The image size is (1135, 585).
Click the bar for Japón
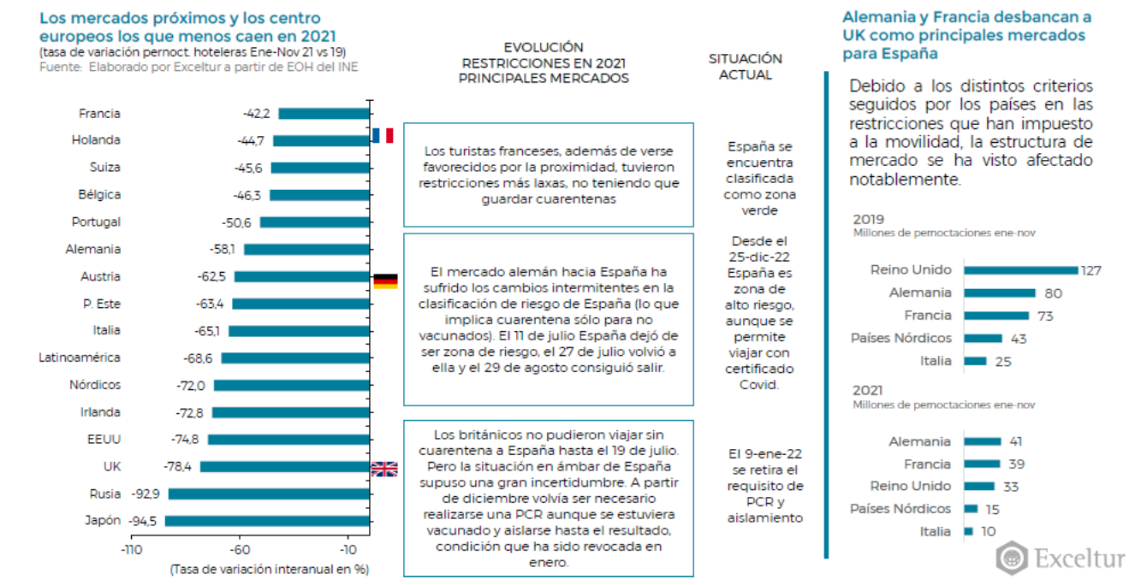tap(267, 521)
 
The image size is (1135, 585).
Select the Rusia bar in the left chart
tap(269, 493)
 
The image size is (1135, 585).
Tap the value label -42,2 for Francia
tap(256, 114)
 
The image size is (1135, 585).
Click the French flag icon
tap(383, 135)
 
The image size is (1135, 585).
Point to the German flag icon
tap(385, 281)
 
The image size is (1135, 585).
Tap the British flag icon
tap(384, 468)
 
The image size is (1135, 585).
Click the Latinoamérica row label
tap(80, 357)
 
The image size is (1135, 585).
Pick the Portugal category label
tap(96, 222)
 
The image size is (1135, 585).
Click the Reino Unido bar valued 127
tap(1020, 270)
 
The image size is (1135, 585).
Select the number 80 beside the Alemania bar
tap(1053, 293)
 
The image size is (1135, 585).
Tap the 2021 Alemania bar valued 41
tap(982, 441)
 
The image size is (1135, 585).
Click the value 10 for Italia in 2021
tap(988, 531)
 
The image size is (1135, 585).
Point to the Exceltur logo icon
tap(1013, 558)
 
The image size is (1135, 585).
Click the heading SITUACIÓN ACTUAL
tap(745, 67)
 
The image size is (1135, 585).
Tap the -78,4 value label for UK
tap(178, 467)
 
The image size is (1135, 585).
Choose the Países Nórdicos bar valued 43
tap(983, 338)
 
